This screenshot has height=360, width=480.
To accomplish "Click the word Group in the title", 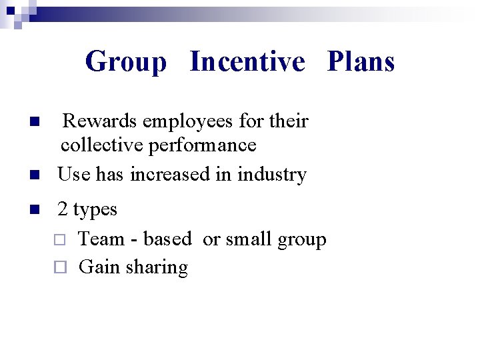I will click(x=126, y=62).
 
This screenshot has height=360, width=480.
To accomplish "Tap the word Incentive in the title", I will click(x=247, y=61).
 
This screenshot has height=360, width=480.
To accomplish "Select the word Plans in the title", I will click(x=361, y=61).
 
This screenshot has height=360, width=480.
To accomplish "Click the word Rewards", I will click(x=100, y=121).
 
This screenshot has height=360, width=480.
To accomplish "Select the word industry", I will click(x=270, y=175).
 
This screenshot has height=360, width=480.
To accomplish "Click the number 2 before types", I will click(x=63, y=209).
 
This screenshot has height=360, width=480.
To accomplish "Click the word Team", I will click(x=101, y=239).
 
